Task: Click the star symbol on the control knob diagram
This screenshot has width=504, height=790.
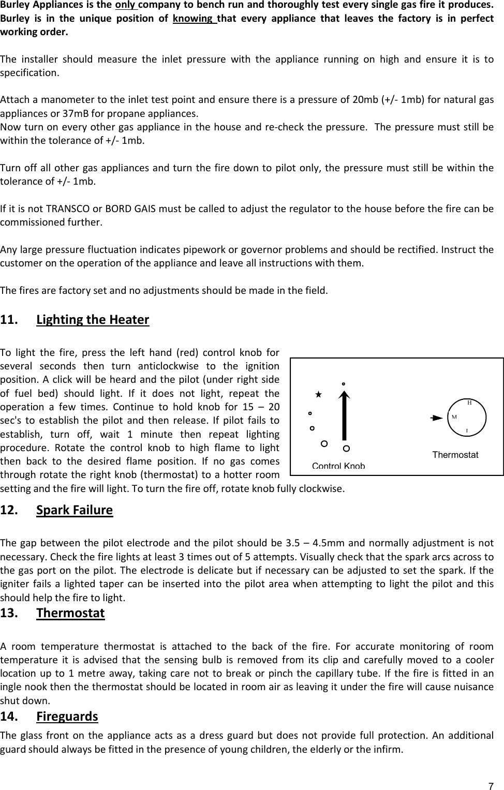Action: pyautogui.click(x=319, y=394)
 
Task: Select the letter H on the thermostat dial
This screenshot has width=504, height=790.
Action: pyautogui.click(x=469, y=402)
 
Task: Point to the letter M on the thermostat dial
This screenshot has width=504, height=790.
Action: pyautogui.click(x=454, y=416)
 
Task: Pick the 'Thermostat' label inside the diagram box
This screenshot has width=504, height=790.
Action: pyautogui.click(x=455, y=455)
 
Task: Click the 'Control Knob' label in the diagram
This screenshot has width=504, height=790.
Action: pyautogui.click(x=338, y=466)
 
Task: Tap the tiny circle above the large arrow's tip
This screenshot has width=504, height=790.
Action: pyautogui.click(x=343, y=384)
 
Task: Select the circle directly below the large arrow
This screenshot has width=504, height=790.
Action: pyautogui.click(x=346, y=448)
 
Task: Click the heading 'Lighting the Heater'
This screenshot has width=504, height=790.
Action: pyautogui.click(x=93, y=319)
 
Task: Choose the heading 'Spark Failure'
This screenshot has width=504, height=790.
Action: pyautogui.click(x=75, y=510)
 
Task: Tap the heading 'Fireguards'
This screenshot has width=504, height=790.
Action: pyautogui.click(x=67, y=716)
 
